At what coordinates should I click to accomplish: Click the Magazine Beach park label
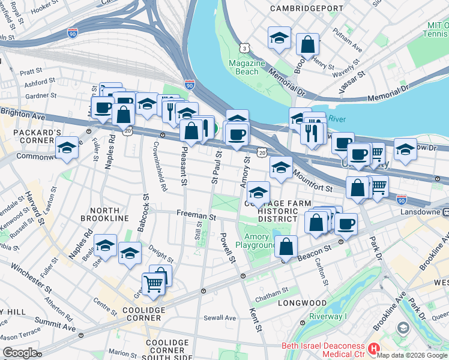click(x=247, y=67)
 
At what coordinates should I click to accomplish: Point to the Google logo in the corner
click(x=20, y=353)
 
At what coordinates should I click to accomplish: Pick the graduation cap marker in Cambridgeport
click(x=279, y=38)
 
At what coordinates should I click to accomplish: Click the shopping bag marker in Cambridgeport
click(x=307, y=44)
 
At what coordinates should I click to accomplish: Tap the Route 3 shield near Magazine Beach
click(x=244, y=47)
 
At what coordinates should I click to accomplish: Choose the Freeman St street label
click(x=196, y=214)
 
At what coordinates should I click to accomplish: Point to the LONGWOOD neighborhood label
click(x=303, y=303)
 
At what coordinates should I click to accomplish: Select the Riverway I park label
click(x=328, y=317)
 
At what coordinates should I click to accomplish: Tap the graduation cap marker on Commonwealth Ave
click(x=67, y=148)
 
